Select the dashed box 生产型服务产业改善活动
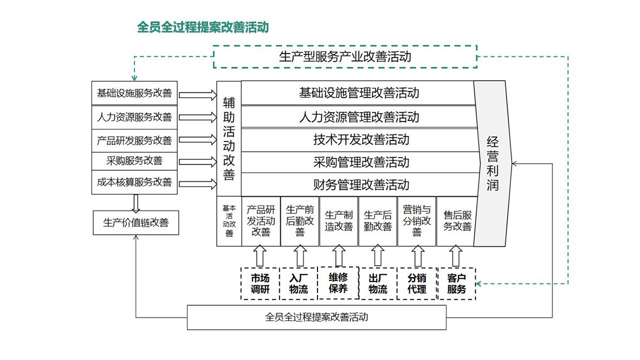tap(345, 56)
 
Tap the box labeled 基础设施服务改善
tap(134, 93)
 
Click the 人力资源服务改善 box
tap(134, 117)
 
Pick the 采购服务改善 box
tap(134, 160)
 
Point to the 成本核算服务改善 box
tap(134, 183)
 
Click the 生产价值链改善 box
tap(135, 222)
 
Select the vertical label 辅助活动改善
tap(229, 139)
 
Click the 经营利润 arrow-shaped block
tap(492, 163)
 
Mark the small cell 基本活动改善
tap(229, 221)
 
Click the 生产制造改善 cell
tap(339, 221)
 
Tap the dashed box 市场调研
tap(260, 284)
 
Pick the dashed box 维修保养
tap(338, 283)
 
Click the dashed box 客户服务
tap(456, 284)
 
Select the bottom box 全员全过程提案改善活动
tap(316, 318)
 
